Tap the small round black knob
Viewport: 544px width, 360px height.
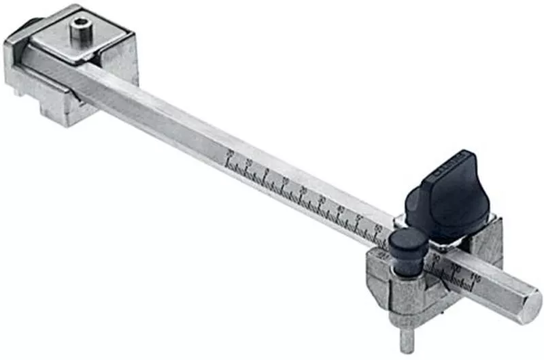coord(407,242)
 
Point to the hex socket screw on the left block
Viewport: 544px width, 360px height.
coord(81,29)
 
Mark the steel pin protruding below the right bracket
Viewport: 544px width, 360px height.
coord(407,339)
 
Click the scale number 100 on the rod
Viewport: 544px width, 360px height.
coord(456,266)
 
